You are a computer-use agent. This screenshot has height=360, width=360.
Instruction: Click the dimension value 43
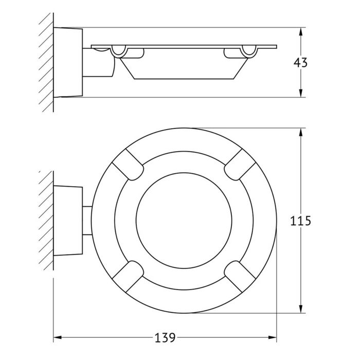pos(300,62)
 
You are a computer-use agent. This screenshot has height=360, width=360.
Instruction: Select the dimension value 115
pos(300,221)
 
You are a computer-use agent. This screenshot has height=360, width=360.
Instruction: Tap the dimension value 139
pos(165,338)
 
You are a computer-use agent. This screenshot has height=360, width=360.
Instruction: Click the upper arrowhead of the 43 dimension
pos(301,31)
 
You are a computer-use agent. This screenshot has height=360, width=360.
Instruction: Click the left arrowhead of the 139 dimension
pos(58,337)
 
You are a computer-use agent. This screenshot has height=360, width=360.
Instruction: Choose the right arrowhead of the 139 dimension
pos(273,337)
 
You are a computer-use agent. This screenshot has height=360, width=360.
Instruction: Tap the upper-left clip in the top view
pos(128,165)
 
